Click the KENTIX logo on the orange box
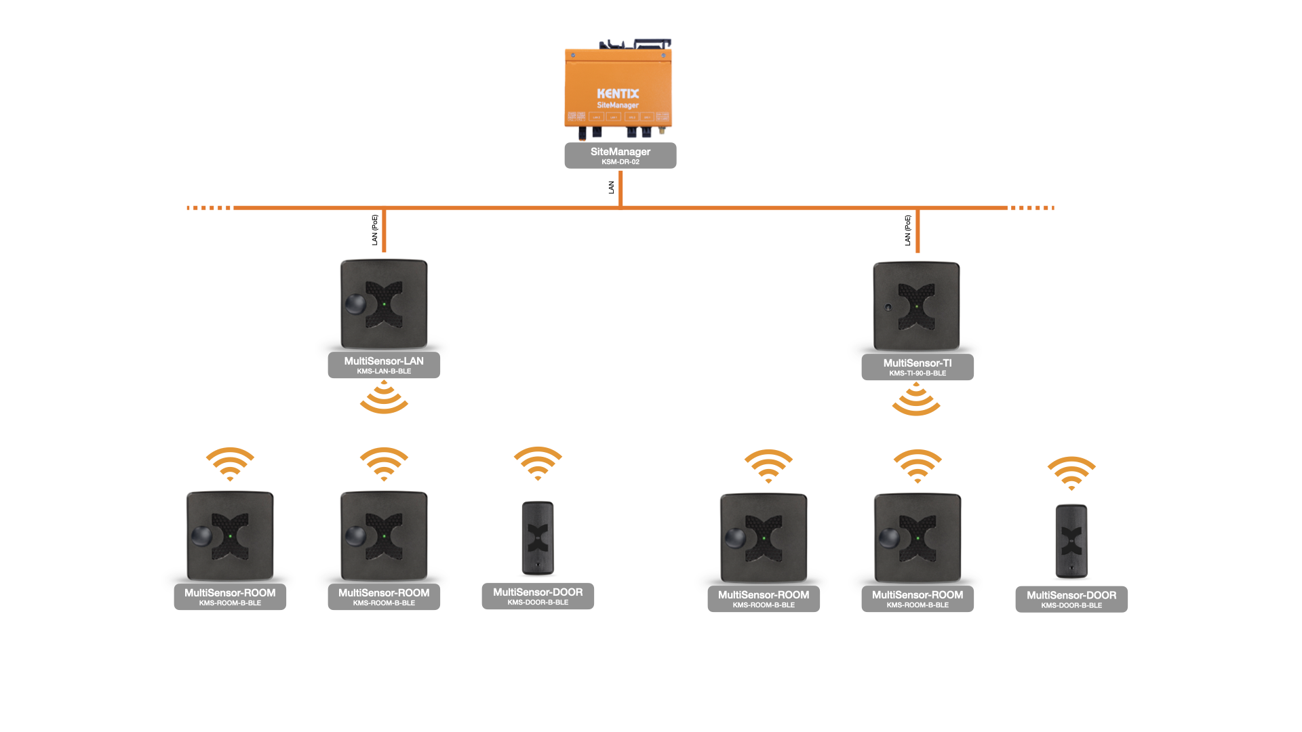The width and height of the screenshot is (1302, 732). (618, 94)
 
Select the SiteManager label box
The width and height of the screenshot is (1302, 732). (620, 155)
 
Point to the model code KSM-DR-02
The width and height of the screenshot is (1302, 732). (620, 162)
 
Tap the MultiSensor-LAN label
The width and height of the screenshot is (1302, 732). (384, 361)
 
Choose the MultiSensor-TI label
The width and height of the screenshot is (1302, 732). (918, 363)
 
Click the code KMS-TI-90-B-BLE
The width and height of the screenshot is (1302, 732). (918, 373)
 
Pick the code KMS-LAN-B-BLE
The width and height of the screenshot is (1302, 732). (384, 371)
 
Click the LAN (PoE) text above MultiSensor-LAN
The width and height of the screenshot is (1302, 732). (374, 230)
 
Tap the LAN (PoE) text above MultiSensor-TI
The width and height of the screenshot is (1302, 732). (907, 230)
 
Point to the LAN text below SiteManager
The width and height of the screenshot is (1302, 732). (611, 188)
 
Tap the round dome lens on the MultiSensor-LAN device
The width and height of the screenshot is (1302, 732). (355, 304)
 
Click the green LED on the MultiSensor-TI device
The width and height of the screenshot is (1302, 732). (917, 306)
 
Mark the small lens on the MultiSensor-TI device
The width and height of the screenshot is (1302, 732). (888, 307)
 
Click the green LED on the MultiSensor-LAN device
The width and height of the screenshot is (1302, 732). (384, 304)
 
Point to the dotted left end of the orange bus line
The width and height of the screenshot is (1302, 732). (210, 208)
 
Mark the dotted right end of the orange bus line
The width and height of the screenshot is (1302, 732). (1033, 208)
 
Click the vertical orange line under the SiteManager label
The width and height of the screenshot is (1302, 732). (620, 188)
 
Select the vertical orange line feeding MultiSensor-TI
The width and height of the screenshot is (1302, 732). (918, 231)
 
